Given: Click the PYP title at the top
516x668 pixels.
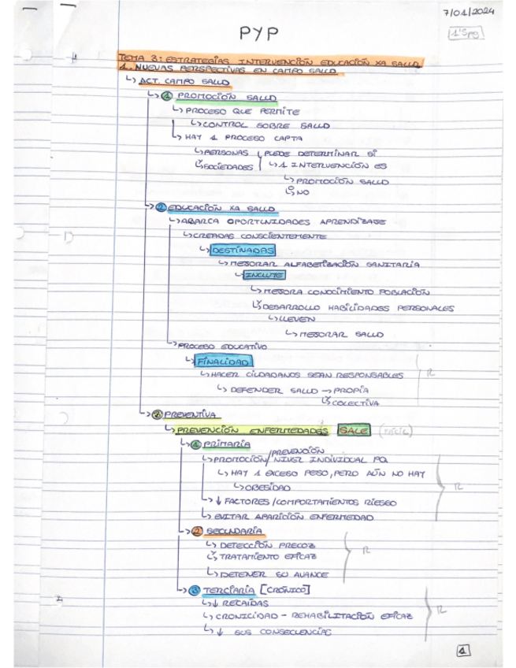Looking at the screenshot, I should coord(259,32).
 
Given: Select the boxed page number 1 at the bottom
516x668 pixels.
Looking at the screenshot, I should coord(462,651).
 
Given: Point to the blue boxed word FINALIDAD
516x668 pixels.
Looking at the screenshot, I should coord(224,362).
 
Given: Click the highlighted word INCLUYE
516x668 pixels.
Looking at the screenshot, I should coord(262,276).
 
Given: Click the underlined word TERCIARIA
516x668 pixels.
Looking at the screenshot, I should coord(227,589).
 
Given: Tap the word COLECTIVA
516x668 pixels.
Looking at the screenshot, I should coord(355,403).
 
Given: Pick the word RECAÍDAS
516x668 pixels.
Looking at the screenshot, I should coord(237,603).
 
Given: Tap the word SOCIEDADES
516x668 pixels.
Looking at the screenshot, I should coord(229,166).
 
